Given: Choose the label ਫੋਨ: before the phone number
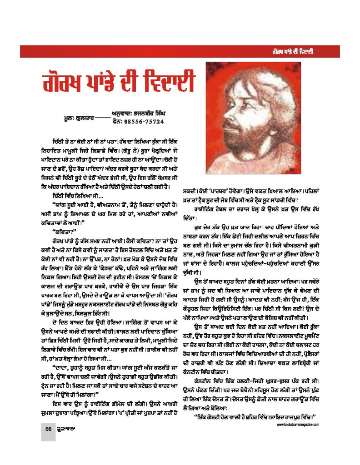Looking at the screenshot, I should pyautogui.click(x=117, y=121).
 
